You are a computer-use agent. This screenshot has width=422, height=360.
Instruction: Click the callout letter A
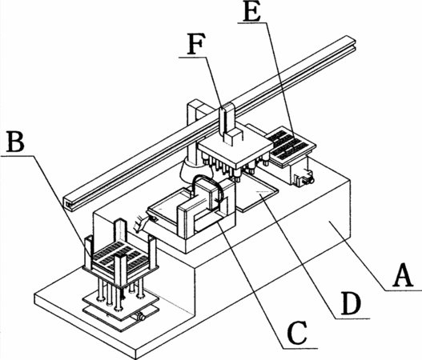tap(403, 275)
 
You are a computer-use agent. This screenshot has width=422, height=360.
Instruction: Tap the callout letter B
tap(15, 141)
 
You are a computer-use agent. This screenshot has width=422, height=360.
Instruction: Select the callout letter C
tap(297, 333)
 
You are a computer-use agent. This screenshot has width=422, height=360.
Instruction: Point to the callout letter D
tap(351, 303)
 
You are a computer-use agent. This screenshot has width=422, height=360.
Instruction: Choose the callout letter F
tap(195, 43)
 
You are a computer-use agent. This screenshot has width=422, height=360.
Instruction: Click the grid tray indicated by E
tap(291, 145)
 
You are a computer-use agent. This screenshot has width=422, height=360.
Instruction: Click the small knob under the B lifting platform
tap(141, 317)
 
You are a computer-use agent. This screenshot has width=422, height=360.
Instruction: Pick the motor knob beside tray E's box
tap(309, 179)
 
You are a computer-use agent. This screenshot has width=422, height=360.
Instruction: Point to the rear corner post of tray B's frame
tap(120, 230)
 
